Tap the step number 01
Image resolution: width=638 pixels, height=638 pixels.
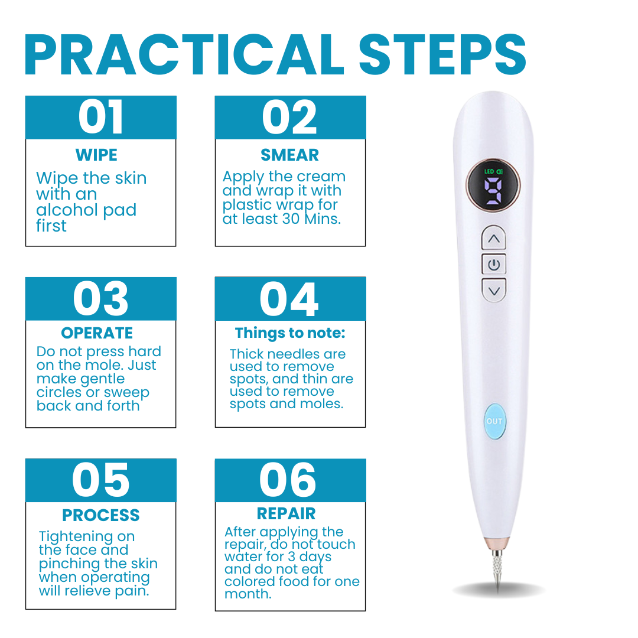click(x=101, y=118)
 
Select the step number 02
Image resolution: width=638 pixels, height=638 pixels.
click(x=289, y=118)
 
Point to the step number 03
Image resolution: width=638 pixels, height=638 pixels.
click(x=101, y=299)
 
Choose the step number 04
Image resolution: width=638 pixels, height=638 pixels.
click(x=289, y=299)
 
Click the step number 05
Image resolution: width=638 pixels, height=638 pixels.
click(x=101, y=480)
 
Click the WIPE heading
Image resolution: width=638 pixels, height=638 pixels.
click(x=96, y=155)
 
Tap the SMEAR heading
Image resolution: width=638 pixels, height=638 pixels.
click(x=289, y=155)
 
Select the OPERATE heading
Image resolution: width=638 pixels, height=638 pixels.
click(x=97, y=333)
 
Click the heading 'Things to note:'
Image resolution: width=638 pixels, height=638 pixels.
click(x=290, y=333)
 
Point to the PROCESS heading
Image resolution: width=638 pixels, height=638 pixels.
click(x=101, y=516)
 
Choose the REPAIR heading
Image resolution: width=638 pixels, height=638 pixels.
click(x=287, y=514)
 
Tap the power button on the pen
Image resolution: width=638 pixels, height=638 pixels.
click(x=494, y=265)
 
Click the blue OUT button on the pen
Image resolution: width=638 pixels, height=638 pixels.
click(x=494, y=421)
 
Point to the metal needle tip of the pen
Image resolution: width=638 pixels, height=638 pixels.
click(x=496, y=571)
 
